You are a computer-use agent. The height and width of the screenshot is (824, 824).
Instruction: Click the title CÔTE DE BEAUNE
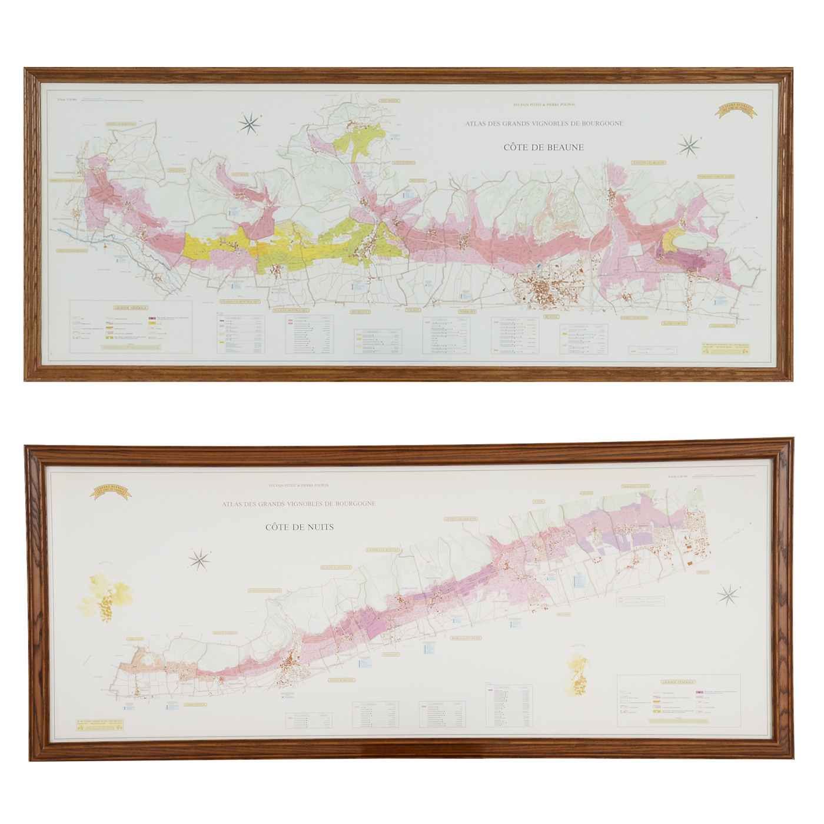[543, 147]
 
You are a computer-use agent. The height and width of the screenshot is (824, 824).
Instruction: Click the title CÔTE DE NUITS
[299, 527]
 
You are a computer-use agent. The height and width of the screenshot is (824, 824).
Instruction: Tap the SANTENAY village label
[176, 170]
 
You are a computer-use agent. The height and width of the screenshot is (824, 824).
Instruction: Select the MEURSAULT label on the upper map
[360, 312]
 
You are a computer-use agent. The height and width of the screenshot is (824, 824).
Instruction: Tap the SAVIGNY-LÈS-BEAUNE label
[649, 162]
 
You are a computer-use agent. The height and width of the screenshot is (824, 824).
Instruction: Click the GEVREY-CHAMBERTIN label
[461, 519]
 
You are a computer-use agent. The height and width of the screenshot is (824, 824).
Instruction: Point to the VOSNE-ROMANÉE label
[341, 680]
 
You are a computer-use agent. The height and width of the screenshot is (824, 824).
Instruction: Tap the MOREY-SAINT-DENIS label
[466, 638]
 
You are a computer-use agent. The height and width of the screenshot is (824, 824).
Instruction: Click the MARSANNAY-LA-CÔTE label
[636, 486]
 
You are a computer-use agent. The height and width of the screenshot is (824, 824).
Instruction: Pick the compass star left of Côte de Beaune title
[250, 124]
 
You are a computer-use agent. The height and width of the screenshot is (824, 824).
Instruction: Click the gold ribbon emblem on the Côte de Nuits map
[110, 491]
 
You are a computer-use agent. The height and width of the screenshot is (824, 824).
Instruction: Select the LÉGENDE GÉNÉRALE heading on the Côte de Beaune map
[131, 308]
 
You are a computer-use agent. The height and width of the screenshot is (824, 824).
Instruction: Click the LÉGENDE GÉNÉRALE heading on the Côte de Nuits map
[678, 682]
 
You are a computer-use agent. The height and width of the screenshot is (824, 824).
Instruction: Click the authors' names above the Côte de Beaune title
[544, 105]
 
